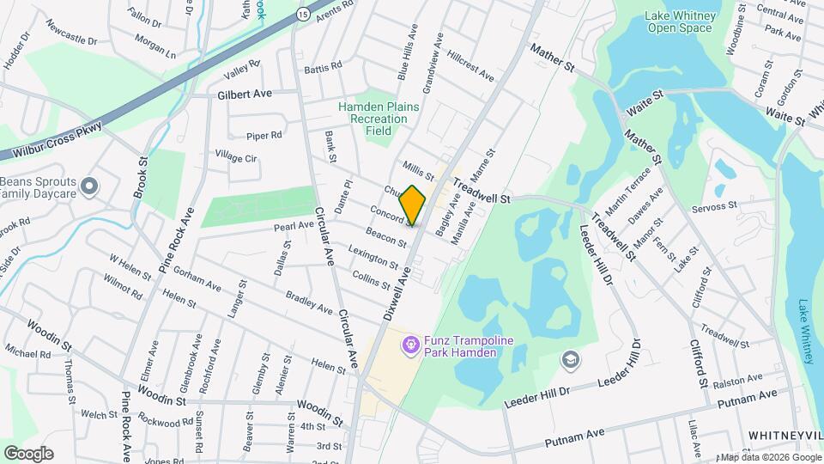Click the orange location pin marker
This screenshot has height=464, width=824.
point(413,205)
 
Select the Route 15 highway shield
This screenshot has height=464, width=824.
point(303,15)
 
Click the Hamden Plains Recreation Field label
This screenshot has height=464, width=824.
point(377,118)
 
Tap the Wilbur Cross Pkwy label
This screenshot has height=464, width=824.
point(64,139)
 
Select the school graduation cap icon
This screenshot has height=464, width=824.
point(568,358)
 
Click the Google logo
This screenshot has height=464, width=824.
point(28,453)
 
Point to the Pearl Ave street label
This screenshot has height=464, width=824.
point(294,225)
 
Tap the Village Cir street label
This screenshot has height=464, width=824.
point(236,157)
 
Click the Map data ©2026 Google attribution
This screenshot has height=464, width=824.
point(769,456)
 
